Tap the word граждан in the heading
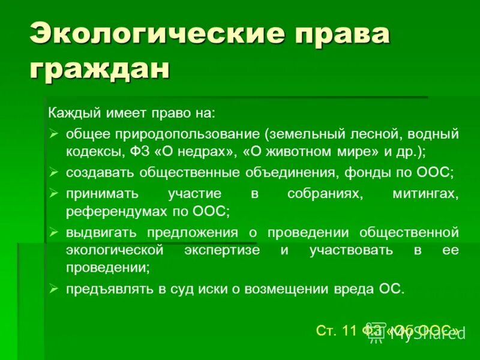coord(100,67)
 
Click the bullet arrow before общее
coord(53,132)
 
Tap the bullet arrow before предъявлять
coord(53,289)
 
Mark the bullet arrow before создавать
coord(53,172)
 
